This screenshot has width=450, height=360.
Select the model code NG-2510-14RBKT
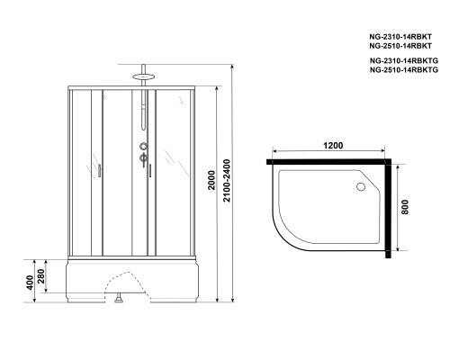(401, 45)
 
